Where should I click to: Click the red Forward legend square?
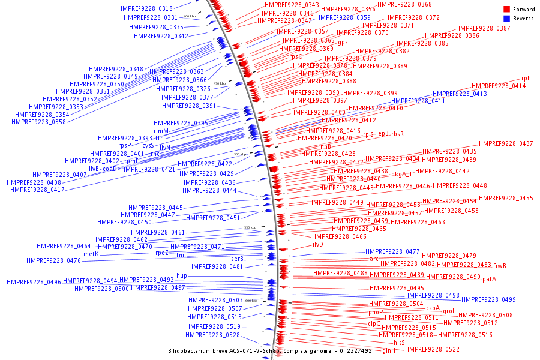(x=506, y=9)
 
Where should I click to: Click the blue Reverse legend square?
(x=506, y=18)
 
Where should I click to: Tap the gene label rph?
(x=526, y=79)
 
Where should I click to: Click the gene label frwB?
(x=499, y=266)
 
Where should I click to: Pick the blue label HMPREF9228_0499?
(x=488, y=299)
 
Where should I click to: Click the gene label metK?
(x=91, y=254)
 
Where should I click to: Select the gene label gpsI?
(x=344, y=43)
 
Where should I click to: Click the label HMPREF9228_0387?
(x=483, y=29)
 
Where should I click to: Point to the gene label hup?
(x=182, y=275)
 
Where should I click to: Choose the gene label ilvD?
(x=317, y=244)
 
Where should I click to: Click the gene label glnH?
(x=388, y=350)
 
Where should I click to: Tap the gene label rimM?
(x=161, y=131)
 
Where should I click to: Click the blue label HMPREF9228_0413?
(x=460, y=94)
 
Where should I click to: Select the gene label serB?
(x=237, y=259)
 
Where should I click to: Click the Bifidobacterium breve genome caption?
(x=269, y=350)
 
